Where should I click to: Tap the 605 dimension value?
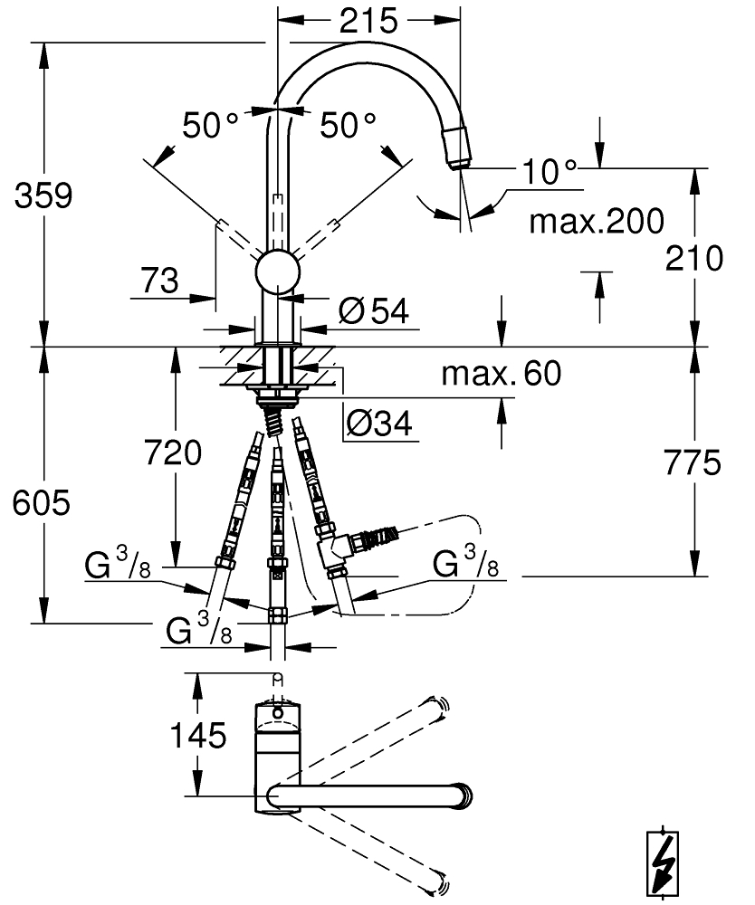[x=41, y=504]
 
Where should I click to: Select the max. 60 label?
[x=501, y=373]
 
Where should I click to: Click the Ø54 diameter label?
[x=374, y=311]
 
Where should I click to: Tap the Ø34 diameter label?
[x=380, y=422]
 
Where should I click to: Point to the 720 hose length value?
[x=172, y=452]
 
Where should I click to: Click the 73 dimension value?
[x=159, y=281]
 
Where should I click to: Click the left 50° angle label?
[x=209, y=125]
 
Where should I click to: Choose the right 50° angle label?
[x=348, y=125]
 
